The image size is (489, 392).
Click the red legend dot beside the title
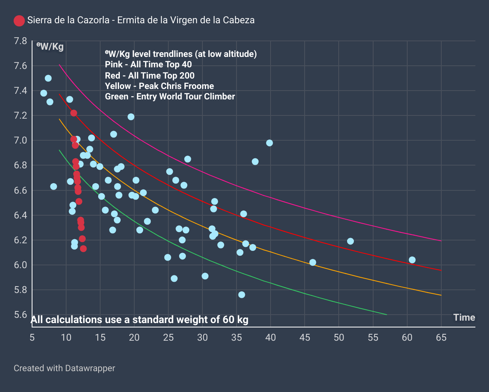point(19,21)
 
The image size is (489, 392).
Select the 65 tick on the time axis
point(441,337)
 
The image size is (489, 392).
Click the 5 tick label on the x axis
point(32,337)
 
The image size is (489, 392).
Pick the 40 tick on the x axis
point(271,337)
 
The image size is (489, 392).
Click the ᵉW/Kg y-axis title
point(50,46)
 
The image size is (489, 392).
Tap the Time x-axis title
point(464,317)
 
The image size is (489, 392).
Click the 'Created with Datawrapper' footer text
point(64,368)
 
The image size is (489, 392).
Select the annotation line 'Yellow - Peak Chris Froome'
point(159,86)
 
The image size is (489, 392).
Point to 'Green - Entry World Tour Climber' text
point(170,96)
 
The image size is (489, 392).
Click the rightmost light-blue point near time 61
point(412,260)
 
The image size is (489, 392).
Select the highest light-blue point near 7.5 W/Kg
point(48,78)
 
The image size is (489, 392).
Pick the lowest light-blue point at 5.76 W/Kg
point(241,295)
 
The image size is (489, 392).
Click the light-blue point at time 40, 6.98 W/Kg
point(269,143)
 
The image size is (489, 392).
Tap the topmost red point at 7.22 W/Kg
point(74,113)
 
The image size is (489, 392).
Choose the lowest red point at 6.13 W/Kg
point(83,249)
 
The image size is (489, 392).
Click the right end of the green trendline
point(386,315)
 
